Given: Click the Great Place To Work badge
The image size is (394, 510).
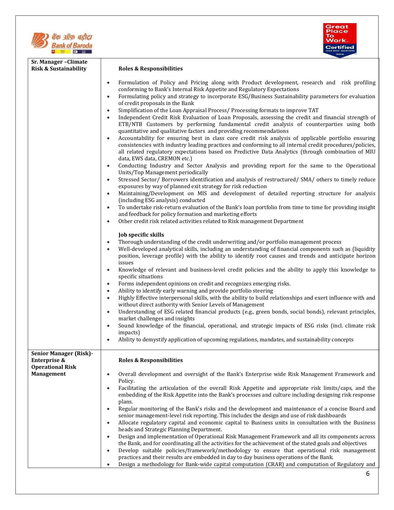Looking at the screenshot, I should point(340,40).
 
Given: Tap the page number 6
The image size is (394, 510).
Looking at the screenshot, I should point(367,474).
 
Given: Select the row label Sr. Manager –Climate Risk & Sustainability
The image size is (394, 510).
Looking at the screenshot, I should point(59,65).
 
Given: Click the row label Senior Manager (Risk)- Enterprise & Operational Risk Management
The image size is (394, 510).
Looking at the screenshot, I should point(62,364).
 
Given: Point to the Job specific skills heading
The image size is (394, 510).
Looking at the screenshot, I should point(141,235).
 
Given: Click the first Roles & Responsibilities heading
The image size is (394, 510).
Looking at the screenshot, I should point(150,69).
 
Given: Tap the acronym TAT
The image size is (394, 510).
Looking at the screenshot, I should point(313,110).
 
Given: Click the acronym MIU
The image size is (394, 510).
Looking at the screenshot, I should point(370,152).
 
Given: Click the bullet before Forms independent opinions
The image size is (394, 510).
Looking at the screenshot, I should point(108,284).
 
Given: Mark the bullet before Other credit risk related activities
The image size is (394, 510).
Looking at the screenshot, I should point(108,221).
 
